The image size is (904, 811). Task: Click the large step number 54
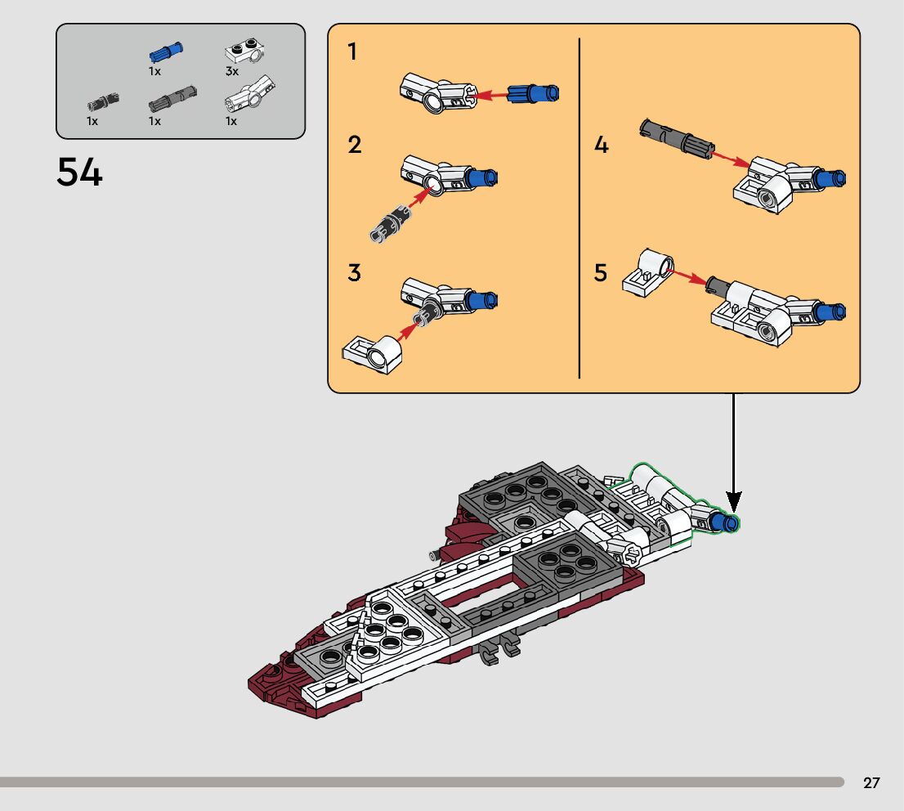[79, 172]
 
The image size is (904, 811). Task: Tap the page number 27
[871, 782]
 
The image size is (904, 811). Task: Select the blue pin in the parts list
[166, 52]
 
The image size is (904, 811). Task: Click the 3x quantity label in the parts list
[232, 71]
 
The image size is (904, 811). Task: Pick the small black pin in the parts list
[103, 102]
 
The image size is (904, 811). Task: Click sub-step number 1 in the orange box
[352, 52]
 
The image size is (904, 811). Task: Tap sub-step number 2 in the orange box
[355, 144]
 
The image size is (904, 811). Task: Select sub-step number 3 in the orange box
[354, 272]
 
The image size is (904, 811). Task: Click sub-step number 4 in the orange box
[602, 145]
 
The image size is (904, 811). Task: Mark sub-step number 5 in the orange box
[601, 272]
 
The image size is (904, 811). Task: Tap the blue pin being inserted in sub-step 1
[533, 93]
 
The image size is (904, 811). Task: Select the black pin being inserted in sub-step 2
[391, 223]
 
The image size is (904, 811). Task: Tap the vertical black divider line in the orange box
[579, 208]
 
